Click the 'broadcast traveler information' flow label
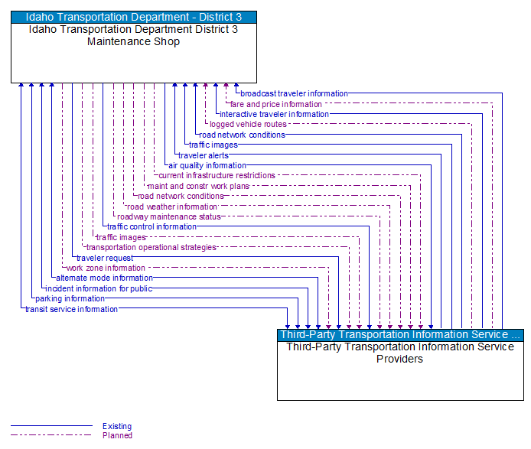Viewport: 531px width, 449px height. click(x=294, y=94)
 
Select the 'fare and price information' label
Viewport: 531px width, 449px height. click(x=276, y=104)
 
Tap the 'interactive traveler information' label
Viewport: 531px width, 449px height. click(x=274, y=115)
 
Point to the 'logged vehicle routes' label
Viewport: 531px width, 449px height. click(x=248, y=125)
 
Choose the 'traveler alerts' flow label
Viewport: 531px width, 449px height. click(x=203, y=155)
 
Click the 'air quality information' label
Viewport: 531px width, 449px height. click(x=207, y=165)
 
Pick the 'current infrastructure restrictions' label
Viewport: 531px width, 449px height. click(x=217, y=176)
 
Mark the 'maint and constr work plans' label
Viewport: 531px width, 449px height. click(x=198, y=186)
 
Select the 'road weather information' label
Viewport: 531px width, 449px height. click(x=172, y=207)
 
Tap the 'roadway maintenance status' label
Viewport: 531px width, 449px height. click(x=169, y=216)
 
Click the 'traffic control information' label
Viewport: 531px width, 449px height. click(x=151, y=226)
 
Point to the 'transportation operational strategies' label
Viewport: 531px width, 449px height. click(x=151, y=247)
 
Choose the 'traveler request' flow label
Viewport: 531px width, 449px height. click(x=105, y=258)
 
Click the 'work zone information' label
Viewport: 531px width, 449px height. click(x=106, y=268)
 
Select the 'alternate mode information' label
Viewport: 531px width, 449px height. click(x=104, y=278)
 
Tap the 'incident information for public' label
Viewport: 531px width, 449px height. click(x=99, y=288)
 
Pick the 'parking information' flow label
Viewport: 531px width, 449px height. click(x=70, y=298)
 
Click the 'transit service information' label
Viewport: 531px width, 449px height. click(x=72, y=309)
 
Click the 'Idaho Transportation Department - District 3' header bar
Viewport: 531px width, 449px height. click(x=134, y=17)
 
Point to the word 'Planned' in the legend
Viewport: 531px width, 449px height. click(x=117, y=435)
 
